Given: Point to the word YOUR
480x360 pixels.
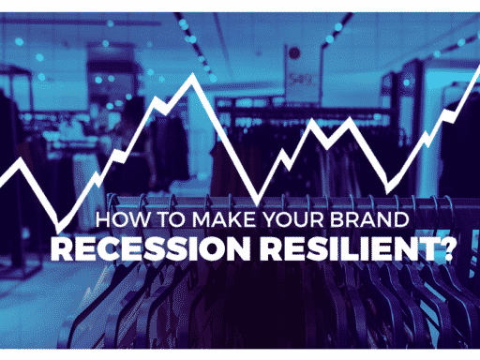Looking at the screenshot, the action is tap(292, 219).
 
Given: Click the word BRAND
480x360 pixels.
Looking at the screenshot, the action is tap(369, 219).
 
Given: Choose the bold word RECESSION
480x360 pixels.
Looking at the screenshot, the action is tap(150, 248).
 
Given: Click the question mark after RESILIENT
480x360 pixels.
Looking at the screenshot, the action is tap(445, 248).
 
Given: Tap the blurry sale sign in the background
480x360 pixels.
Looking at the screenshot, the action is tap(302, 73).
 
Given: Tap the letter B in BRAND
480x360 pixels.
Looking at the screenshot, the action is tap(336, 219).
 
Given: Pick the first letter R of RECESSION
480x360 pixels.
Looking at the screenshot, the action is tap(62, 248).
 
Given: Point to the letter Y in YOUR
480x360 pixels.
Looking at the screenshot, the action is tap(269, 219).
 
